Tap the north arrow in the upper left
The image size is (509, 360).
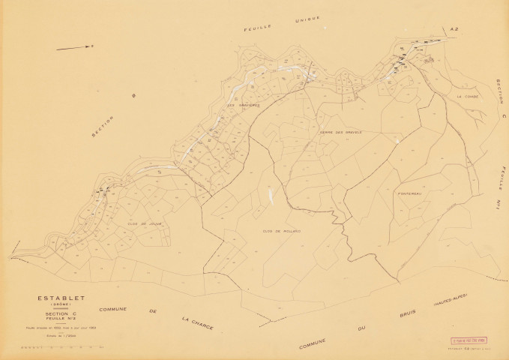click(76, 46)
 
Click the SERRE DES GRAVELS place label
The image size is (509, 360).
click(341, 131)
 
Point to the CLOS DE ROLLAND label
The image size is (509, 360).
click(282, 231)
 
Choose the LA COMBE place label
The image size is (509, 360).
click(467, 97)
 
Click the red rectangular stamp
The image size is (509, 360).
click(468, 340)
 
